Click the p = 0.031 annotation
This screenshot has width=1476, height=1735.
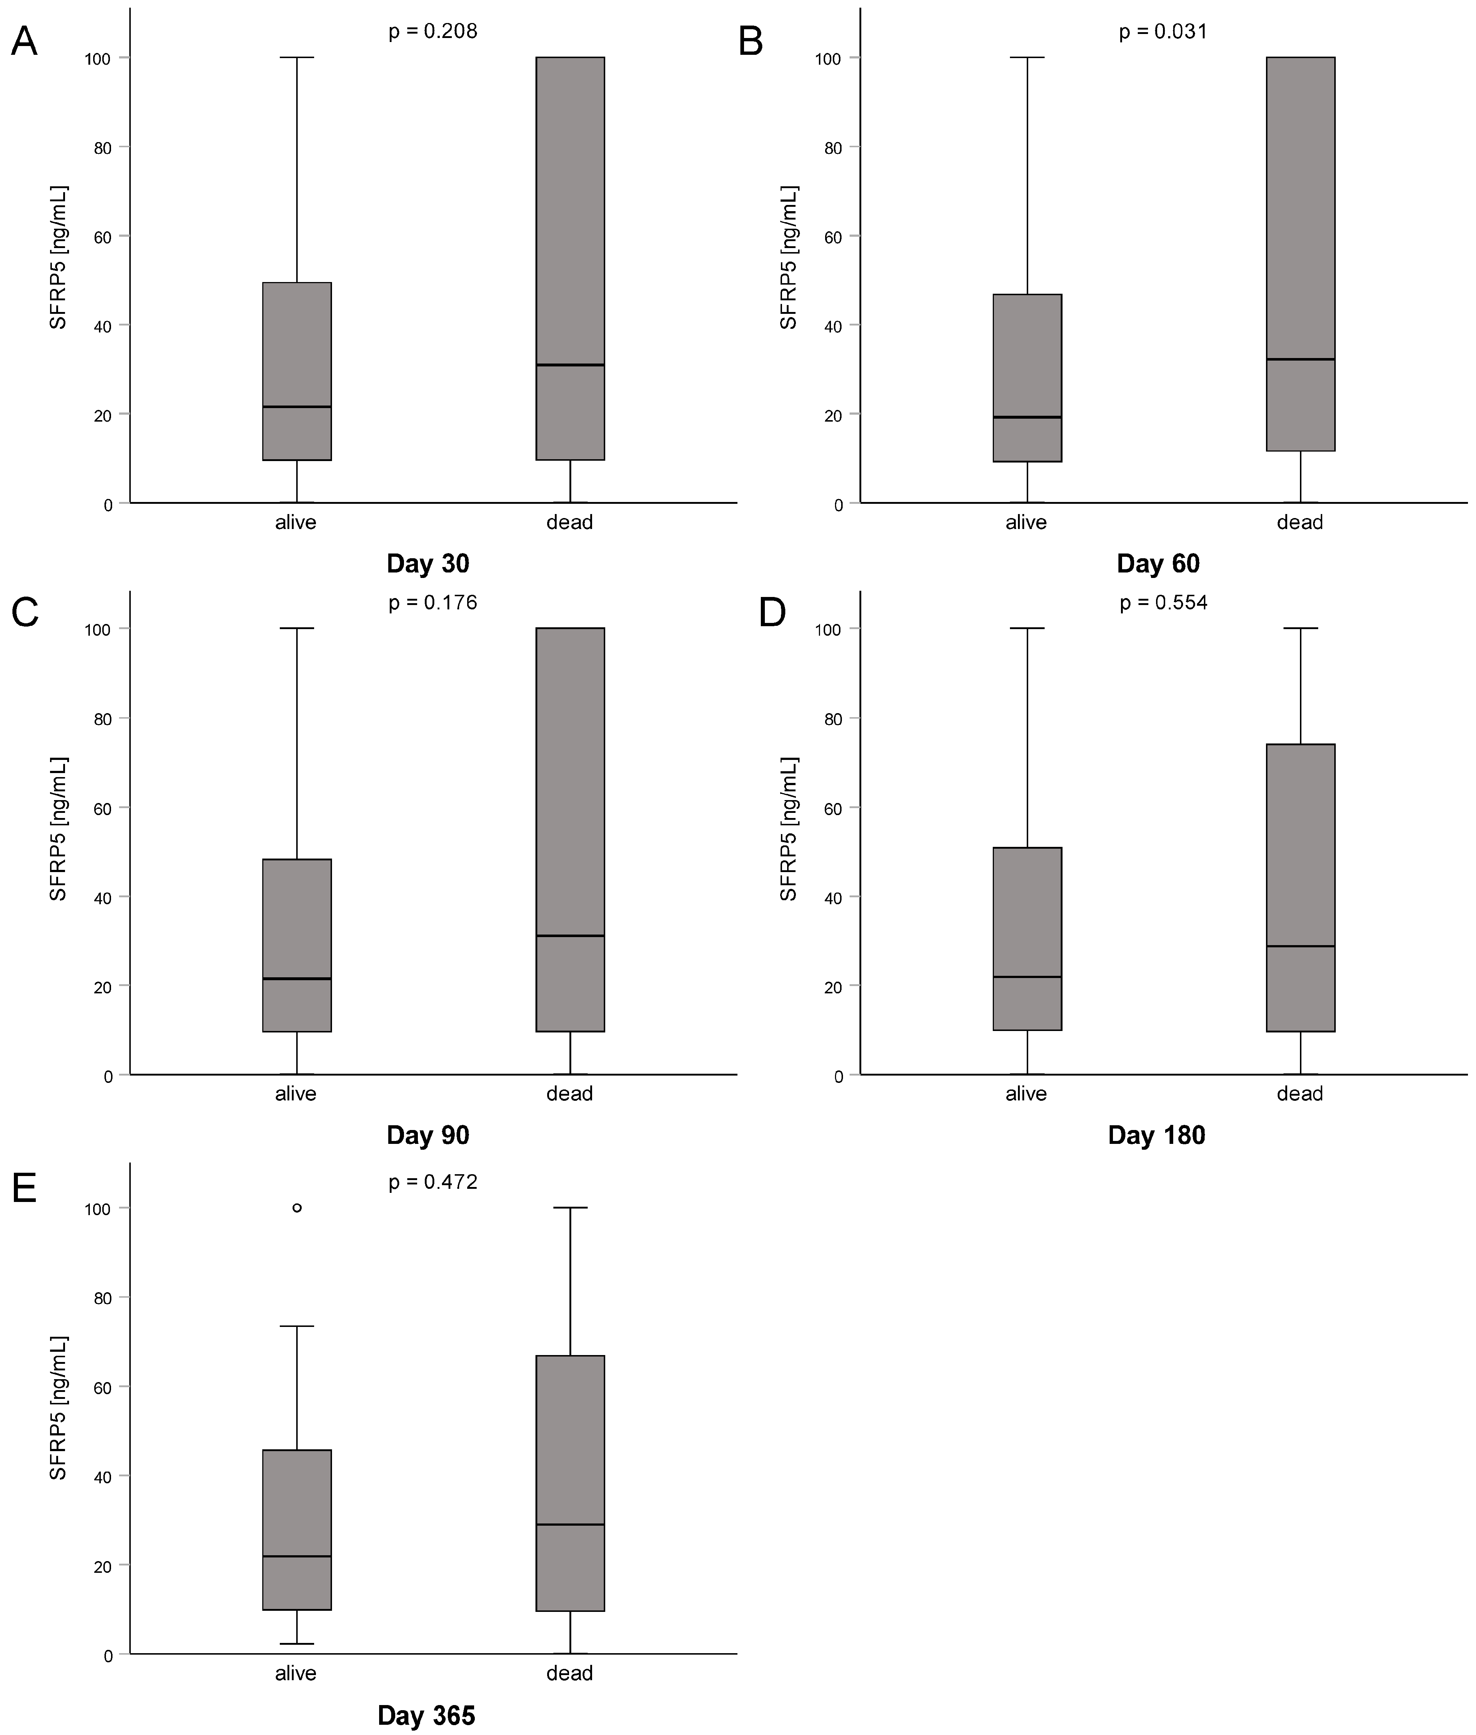tap(1163, 32)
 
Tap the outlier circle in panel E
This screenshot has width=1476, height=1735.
tap(297, 1208)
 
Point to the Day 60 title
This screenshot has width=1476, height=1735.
tap(1158, 563)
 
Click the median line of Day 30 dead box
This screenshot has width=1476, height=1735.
tap(570, 365)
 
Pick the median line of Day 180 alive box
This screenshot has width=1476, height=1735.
tap(1027, 977)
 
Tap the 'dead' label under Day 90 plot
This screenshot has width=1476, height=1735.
tap(569, 1093)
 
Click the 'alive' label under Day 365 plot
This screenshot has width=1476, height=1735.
tap(295, 1673)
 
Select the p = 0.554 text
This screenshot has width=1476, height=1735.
tap(1163, 602)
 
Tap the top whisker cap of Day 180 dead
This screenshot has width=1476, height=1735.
tap(1300, 628)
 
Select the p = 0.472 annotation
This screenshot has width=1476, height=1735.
tap(432, 1182)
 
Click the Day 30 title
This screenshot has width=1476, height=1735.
tap(428, 563)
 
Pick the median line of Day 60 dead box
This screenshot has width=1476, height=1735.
tap(1300, 359)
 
